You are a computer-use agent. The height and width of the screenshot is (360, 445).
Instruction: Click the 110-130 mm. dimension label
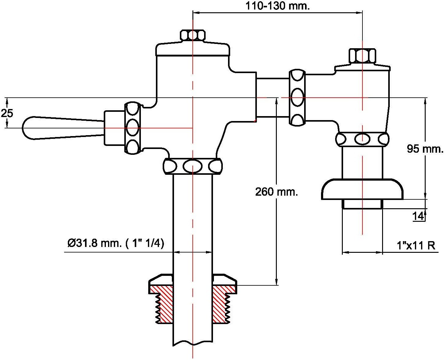[277, 6]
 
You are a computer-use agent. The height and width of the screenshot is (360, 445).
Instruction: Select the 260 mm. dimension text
[277, 191]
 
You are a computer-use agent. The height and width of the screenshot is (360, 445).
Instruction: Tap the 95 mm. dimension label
[425, 149]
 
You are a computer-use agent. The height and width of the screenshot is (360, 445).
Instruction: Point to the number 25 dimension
[7, 113]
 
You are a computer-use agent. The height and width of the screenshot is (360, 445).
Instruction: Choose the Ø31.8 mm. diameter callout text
[116, 243]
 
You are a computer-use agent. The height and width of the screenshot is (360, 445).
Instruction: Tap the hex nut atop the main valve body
[193, 35]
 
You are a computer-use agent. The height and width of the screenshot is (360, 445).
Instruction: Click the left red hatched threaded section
[161, 304]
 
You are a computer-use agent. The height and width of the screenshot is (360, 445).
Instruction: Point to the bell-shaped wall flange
[362, 189]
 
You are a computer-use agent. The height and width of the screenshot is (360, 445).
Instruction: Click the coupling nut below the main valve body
[193, 166]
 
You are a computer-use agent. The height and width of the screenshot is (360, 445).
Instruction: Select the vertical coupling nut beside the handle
[133, 128]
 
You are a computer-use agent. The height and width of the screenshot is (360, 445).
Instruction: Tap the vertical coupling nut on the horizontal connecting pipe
[297, 98]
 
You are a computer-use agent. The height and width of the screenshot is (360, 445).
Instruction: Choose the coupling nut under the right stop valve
[362, 139]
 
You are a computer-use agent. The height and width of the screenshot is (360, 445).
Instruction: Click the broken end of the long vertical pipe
[193, 344]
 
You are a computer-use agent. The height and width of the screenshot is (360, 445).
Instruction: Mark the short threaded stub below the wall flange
[362, 204]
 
